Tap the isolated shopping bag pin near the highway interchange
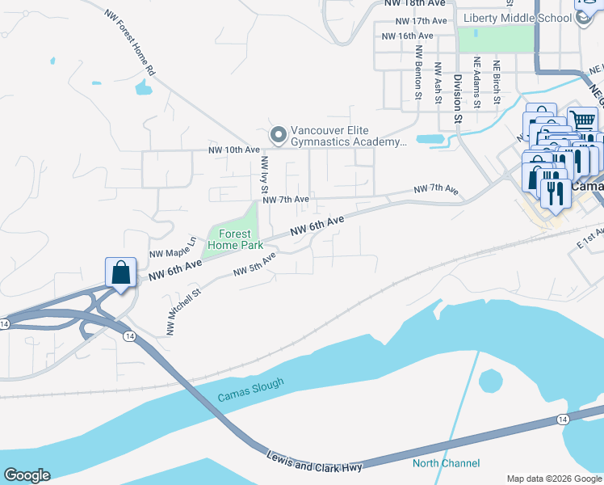click(x=120, y=273)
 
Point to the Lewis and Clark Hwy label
click(x=315, y=462)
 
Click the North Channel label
click(x=446, y=463)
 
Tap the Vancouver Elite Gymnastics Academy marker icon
click(x=279, y=135)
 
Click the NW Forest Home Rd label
click(x=129, y=43)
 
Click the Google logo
click(x=27, y=475)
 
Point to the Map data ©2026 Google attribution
click(x=554, y=478)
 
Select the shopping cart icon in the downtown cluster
click(x=582, y=120)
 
